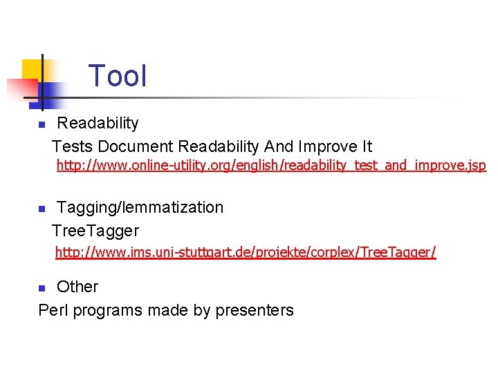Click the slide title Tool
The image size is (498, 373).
click(118, 76)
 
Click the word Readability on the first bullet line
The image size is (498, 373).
click(98, 124)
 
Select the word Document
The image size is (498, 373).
click(136, 146)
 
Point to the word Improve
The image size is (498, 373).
click(326, 146)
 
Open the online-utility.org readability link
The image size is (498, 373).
click(271, 166)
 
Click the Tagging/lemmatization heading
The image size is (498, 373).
click(140, 207)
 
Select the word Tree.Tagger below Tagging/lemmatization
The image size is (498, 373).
click(95, 231)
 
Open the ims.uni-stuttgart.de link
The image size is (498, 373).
click(246, 252)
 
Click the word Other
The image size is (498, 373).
click(77, 287)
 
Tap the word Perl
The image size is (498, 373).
click(53, 311)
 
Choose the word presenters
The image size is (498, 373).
click(255, 311)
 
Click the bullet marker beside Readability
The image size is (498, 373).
click(41, 125)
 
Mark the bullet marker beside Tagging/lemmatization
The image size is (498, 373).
click(41, 209)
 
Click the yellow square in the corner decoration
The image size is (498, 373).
click(33, 69)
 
